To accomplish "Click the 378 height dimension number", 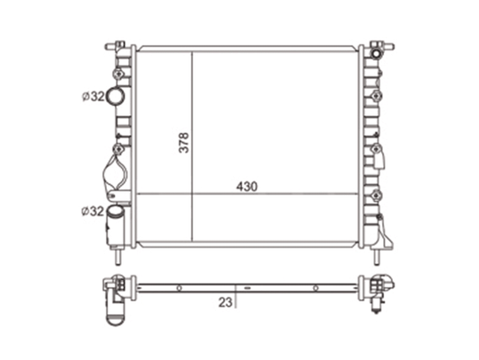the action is pos(184,143).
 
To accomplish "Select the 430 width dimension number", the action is pos(247,187).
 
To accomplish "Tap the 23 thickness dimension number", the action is pos(225,303).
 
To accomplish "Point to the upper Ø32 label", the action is pos(93,97).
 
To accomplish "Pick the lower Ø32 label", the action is pos(93,211).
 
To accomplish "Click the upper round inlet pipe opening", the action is pos(115,96).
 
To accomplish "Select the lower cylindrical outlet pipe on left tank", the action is pos(115,225).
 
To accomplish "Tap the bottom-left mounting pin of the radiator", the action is pos(118,256).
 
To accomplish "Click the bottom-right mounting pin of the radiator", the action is pos(377,256).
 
